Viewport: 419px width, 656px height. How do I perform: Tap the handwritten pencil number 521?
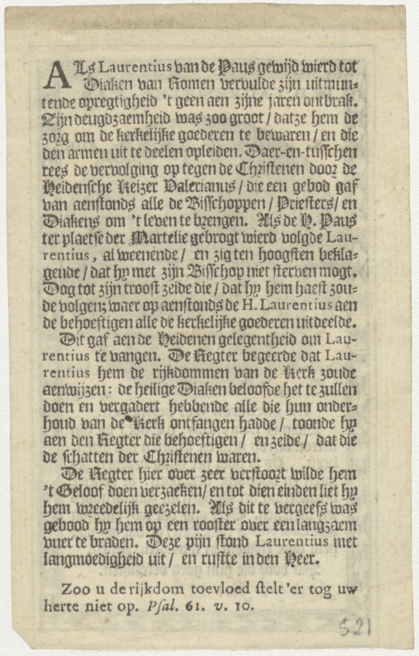[x=355, y=627]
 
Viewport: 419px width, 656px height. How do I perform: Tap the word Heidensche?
[x=79, y=188]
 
